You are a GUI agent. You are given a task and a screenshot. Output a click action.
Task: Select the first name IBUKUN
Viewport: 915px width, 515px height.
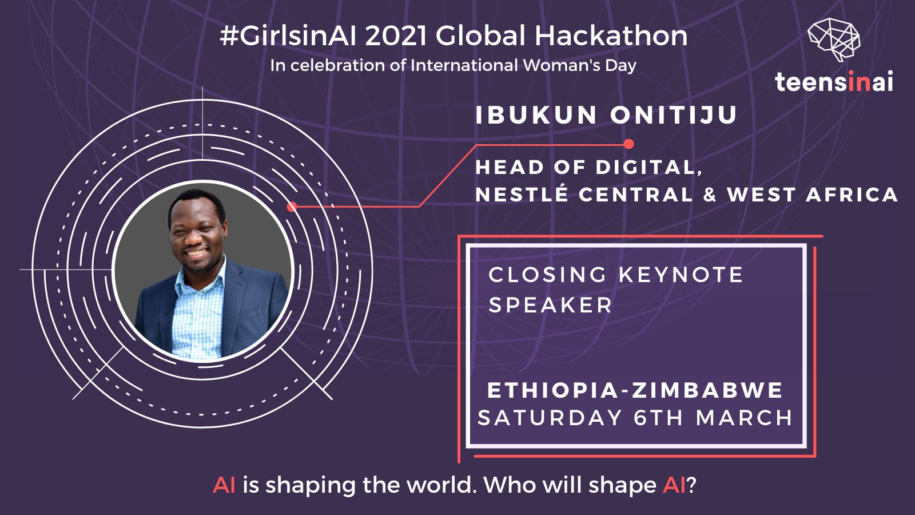[x=536, y=115]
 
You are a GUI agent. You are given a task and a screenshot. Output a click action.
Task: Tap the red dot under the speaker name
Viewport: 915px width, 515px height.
[x=628, y=144]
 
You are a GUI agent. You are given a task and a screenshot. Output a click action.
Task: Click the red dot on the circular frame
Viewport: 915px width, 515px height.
[x=292, y=207]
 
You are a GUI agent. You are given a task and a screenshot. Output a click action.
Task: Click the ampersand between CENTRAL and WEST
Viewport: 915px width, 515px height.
[x=710, y=195]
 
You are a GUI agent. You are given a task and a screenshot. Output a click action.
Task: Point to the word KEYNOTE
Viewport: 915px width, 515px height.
[x=681, y=275]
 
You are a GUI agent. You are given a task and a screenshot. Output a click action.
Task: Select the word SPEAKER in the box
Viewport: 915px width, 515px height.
[x=550, y=305]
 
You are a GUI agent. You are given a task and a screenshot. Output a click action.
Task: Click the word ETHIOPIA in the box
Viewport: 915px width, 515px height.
[x=552, y=391]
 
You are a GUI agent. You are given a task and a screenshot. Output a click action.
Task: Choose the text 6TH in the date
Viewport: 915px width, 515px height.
[x=659, y=418]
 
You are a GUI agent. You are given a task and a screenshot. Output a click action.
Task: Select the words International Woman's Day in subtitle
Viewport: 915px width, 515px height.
[x=523, y=65]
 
